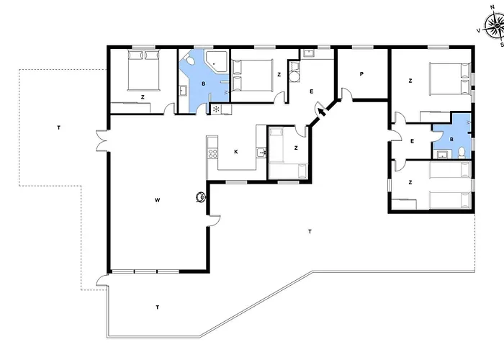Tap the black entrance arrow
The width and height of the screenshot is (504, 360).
click(321, 112)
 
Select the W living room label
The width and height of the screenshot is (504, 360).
click(157, 200)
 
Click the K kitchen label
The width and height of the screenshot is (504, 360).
click(236, 152)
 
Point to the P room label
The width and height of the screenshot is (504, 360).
click(361, 74)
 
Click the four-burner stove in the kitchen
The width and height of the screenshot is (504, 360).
click(212, 153)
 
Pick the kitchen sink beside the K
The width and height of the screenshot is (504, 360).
click(261, 153)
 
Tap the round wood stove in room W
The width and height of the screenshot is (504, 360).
click(201, 197)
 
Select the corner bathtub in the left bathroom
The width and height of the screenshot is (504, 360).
click(217, 60)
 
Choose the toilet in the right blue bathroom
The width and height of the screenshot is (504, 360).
click(462, 152)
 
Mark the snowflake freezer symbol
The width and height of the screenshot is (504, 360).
click(216, 109)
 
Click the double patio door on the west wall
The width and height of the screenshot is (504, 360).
click(102, 140)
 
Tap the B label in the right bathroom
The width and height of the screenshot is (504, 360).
click(451, 140)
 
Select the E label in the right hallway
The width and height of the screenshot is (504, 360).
click(412, 141)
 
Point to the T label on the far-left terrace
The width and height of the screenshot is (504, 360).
click(59, 128)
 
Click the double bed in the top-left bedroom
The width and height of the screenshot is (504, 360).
click(143, 71)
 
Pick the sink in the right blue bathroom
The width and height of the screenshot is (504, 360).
click(443, 155)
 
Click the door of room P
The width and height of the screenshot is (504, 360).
click(346, 94)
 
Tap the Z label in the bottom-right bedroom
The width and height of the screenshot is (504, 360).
click(410, 183)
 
